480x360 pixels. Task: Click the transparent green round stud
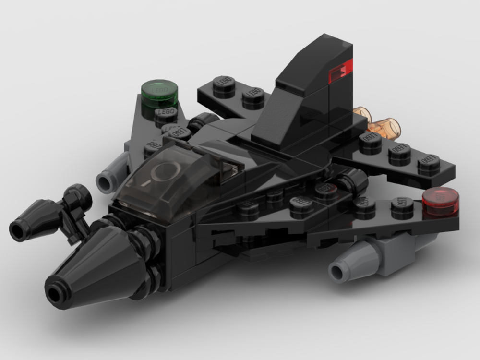pos(160,92)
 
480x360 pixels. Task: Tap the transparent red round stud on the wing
pos(441,200)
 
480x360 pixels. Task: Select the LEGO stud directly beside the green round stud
pos(165,114)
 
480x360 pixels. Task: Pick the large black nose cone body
pos(96,264)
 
